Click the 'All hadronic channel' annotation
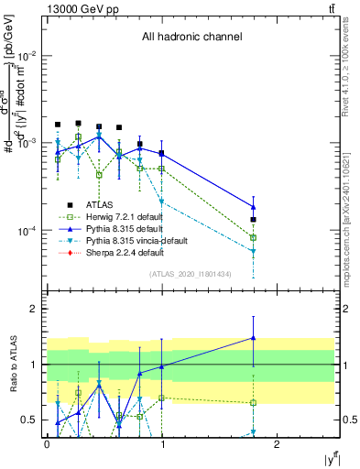point(191,38)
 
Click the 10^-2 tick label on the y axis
point(27,56)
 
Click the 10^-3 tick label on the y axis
point(27,143)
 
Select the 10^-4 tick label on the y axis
point(27,230)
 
